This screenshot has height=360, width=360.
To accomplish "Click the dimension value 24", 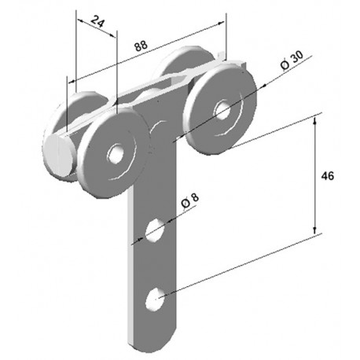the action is (97, 21).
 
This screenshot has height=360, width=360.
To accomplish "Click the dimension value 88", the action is (141, 46).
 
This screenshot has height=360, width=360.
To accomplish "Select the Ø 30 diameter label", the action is (292, 61).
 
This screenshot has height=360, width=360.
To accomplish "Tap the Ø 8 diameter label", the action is (190, 202).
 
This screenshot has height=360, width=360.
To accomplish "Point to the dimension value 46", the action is (328, 176).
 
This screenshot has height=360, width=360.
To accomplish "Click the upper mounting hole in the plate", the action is (155, 230).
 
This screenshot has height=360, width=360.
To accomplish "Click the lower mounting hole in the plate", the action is (156, 299).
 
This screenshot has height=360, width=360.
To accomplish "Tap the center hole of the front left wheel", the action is (116, 154).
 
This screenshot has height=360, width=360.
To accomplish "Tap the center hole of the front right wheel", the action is (222, 110).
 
